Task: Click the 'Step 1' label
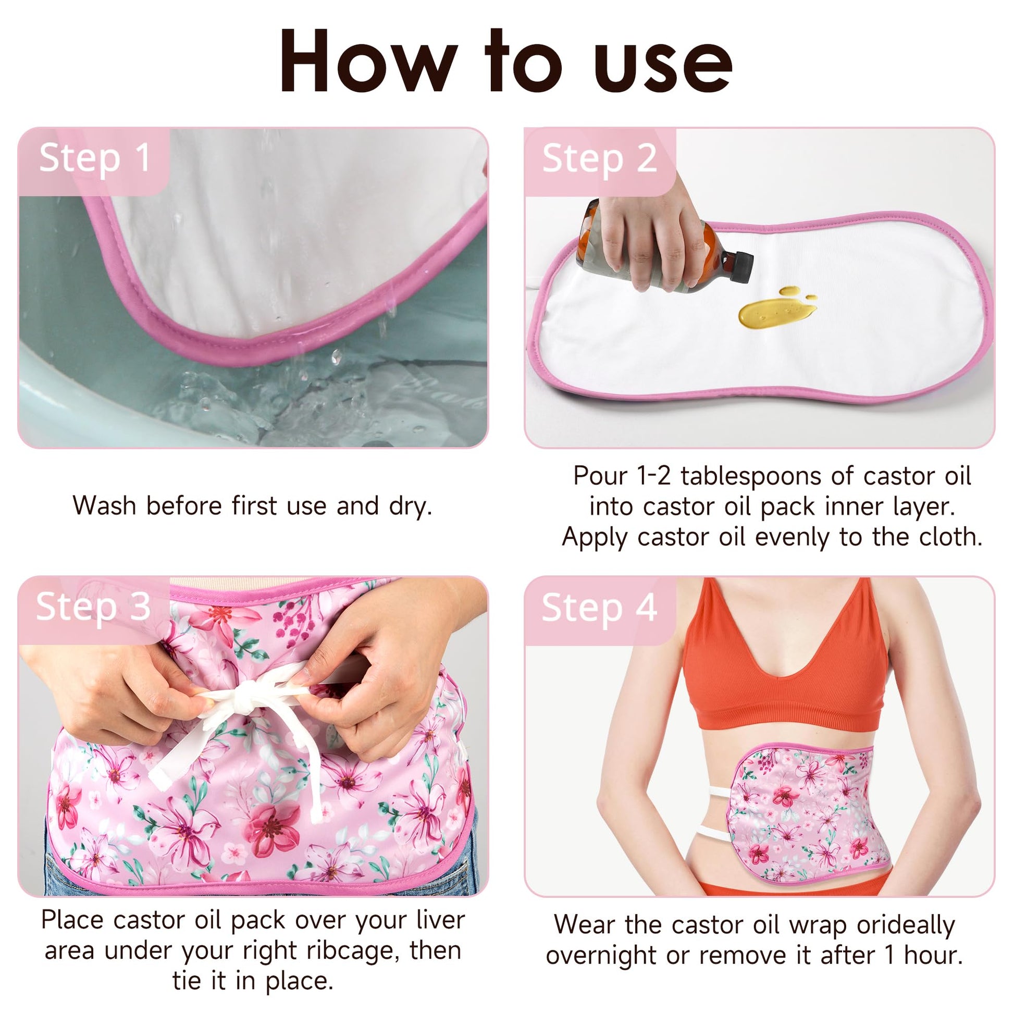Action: coord(95,158)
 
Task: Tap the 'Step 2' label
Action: coord(599,158)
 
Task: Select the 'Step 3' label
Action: coord(93,607)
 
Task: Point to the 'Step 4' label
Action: coord(599,608)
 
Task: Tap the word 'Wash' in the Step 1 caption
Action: coord(104,505)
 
